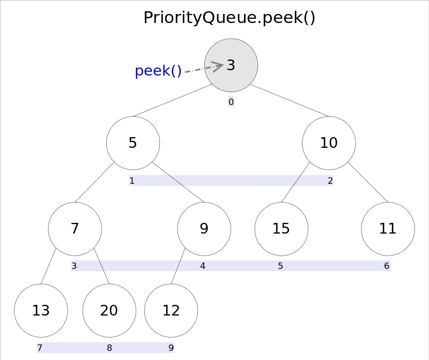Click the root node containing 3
(231, 65)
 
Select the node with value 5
(133, 143)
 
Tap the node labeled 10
(329, 143)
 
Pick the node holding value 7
(75, 229)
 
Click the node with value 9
(204, 229)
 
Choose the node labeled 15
(281, 229)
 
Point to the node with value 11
(388, 229)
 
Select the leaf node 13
(41, 311)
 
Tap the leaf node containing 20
(109, 311)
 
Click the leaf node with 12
(171, 311)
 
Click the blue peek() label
(158, 71)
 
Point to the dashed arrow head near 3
(218, 66)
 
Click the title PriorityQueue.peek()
(230, 18)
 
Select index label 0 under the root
(231, 102)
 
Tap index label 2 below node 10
(330, 181)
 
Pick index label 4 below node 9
(203, 266)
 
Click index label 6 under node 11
(387, 266)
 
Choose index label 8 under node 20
(109, 348)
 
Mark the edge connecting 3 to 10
(290, 100)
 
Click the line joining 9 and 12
(178, 266)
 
